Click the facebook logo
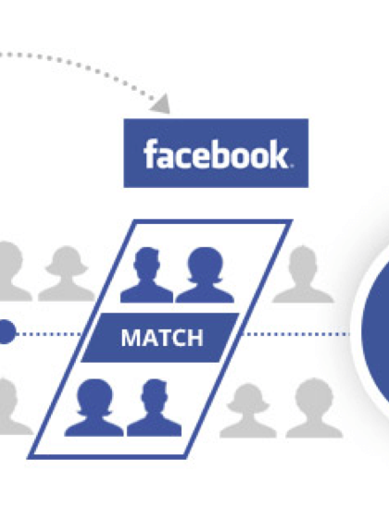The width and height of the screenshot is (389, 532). (216, 153)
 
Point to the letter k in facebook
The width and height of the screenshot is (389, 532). (279, 154)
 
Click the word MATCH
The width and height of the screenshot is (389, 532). (162, 338)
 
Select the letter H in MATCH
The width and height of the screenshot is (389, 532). (195, 338)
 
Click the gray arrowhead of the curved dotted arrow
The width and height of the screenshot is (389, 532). (160, 105)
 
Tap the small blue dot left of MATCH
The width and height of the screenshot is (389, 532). (6, 331)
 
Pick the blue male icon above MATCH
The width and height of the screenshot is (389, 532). (146, 275)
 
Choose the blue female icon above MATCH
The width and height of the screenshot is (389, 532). (205, 275)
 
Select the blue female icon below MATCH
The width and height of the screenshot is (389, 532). (94, 407)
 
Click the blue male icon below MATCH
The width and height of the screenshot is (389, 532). (155, 407)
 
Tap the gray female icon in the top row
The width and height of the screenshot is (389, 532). (67, 273)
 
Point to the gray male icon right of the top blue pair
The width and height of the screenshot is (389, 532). (303, 274)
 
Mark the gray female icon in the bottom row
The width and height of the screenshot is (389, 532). (248, 410)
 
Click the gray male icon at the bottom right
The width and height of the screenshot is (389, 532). (314, 407)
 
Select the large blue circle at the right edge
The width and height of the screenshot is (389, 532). (376, 331)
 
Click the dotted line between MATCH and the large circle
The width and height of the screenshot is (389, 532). (296, 334)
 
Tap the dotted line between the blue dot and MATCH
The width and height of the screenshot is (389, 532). (49, 334)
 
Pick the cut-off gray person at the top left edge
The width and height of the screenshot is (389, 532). (14, 271)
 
